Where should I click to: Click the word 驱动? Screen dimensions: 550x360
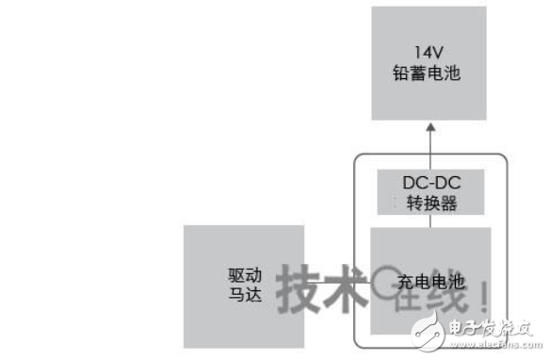coord(231,272)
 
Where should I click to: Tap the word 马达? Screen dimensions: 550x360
coord(231,293)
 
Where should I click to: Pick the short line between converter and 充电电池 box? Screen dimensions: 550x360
coord(429,221)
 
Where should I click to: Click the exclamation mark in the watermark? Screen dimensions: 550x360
coord(482,291)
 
